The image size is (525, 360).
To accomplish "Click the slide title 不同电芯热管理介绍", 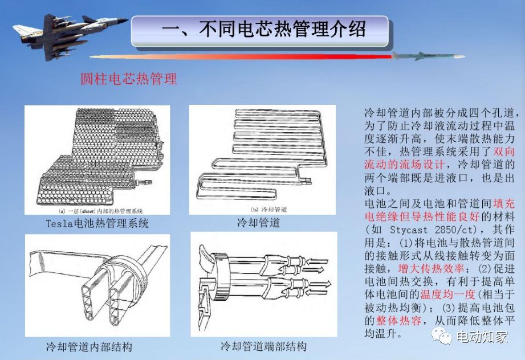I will click(x=263, y=29).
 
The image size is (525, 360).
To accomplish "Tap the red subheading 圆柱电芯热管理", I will click(x=129, y=79).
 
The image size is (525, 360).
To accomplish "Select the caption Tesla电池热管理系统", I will click(x=97, y=223).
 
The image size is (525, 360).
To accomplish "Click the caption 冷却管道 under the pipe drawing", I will click(x=258, y=222).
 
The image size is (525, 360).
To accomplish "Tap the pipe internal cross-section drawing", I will click(x=97, y=285).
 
